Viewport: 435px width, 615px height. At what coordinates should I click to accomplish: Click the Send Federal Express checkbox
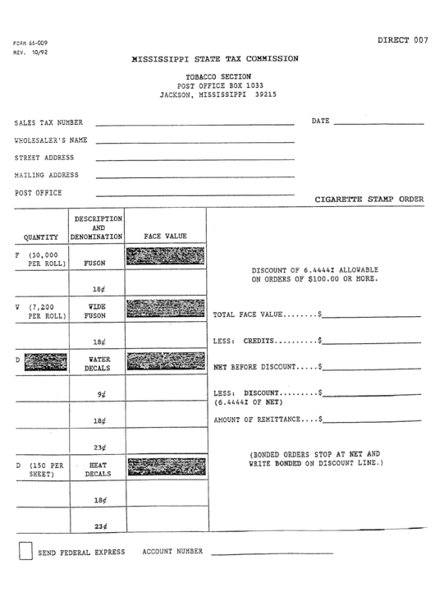pyautogui.click(x=25, y=550)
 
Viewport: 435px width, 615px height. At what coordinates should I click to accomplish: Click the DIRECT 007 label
pyautogui.click(x=403, y=39)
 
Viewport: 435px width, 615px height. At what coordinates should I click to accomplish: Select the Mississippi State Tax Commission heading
pyautogui.click(x=216, y=59)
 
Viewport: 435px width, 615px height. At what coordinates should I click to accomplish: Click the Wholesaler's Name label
pyautogui.click(x=51, y=140)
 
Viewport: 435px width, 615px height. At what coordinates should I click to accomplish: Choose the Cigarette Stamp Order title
pyautogui.click(x=369, y=199)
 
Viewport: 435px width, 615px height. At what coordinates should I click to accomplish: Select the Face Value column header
pyautogui.click(x=165, y=236)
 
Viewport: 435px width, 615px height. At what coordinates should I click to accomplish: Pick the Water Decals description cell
pyautogui.click(x=97, y=364)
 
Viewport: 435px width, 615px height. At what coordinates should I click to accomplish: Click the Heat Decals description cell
pyautogui.click(x=97, y=469)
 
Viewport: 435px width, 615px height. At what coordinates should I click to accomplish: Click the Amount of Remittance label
pyautogui.click(x=265, y=420)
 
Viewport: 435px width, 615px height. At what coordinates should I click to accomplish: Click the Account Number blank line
pyautogui.click(x=271, y=553)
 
